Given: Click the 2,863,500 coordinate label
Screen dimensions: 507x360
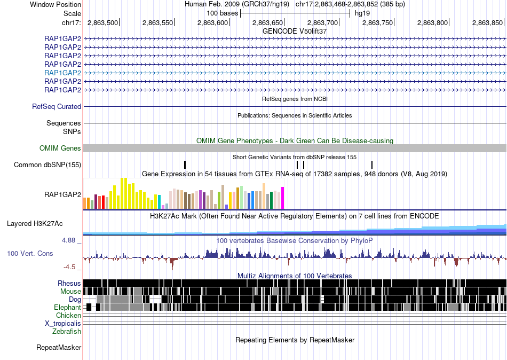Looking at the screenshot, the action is click(102, 22).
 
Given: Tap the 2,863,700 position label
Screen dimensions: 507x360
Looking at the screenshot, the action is click(322, 22).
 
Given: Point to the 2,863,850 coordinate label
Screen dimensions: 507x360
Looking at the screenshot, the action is click(487, 22).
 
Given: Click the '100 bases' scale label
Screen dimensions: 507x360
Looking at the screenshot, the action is click(223, 13).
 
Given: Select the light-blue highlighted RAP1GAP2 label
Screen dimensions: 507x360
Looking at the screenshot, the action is click(63, 73).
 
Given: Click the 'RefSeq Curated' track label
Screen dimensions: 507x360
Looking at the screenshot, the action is click(57, 106).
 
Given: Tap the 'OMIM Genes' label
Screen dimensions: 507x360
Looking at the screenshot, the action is click(60, 148).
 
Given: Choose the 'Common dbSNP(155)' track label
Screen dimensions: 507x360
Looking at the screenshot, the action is click(47, 165).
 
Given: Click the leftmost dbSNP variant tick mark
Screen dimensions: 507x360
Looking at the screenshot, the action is click(185, 165).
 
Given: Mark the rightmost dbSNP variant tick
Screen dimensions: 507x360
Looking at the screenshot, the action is click(372, 165).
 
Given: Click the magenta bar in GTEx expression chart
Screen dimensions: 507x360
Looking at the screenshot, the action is click(283, 198).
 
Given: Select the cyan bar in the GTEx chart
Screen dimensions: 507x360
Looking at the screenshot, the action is click(160, 202).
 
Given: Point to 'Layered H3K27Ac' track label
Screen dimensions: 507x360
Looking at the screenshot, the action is click(35, 224).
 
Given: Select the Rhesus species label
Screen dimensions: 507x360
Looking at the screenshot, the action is click(69, 284).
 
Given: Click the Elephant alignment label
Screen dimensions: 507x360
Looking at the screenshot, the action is click(68, 308).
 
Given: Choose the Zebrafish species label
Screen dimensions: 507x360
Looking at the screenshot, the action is click(67, 332).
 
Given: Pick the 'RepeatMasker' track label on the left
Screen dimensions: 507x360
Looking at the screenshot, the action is click(59, 348).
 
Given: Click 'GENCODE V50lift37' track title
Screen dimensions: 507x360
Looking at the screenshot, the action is click(295, 32).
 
